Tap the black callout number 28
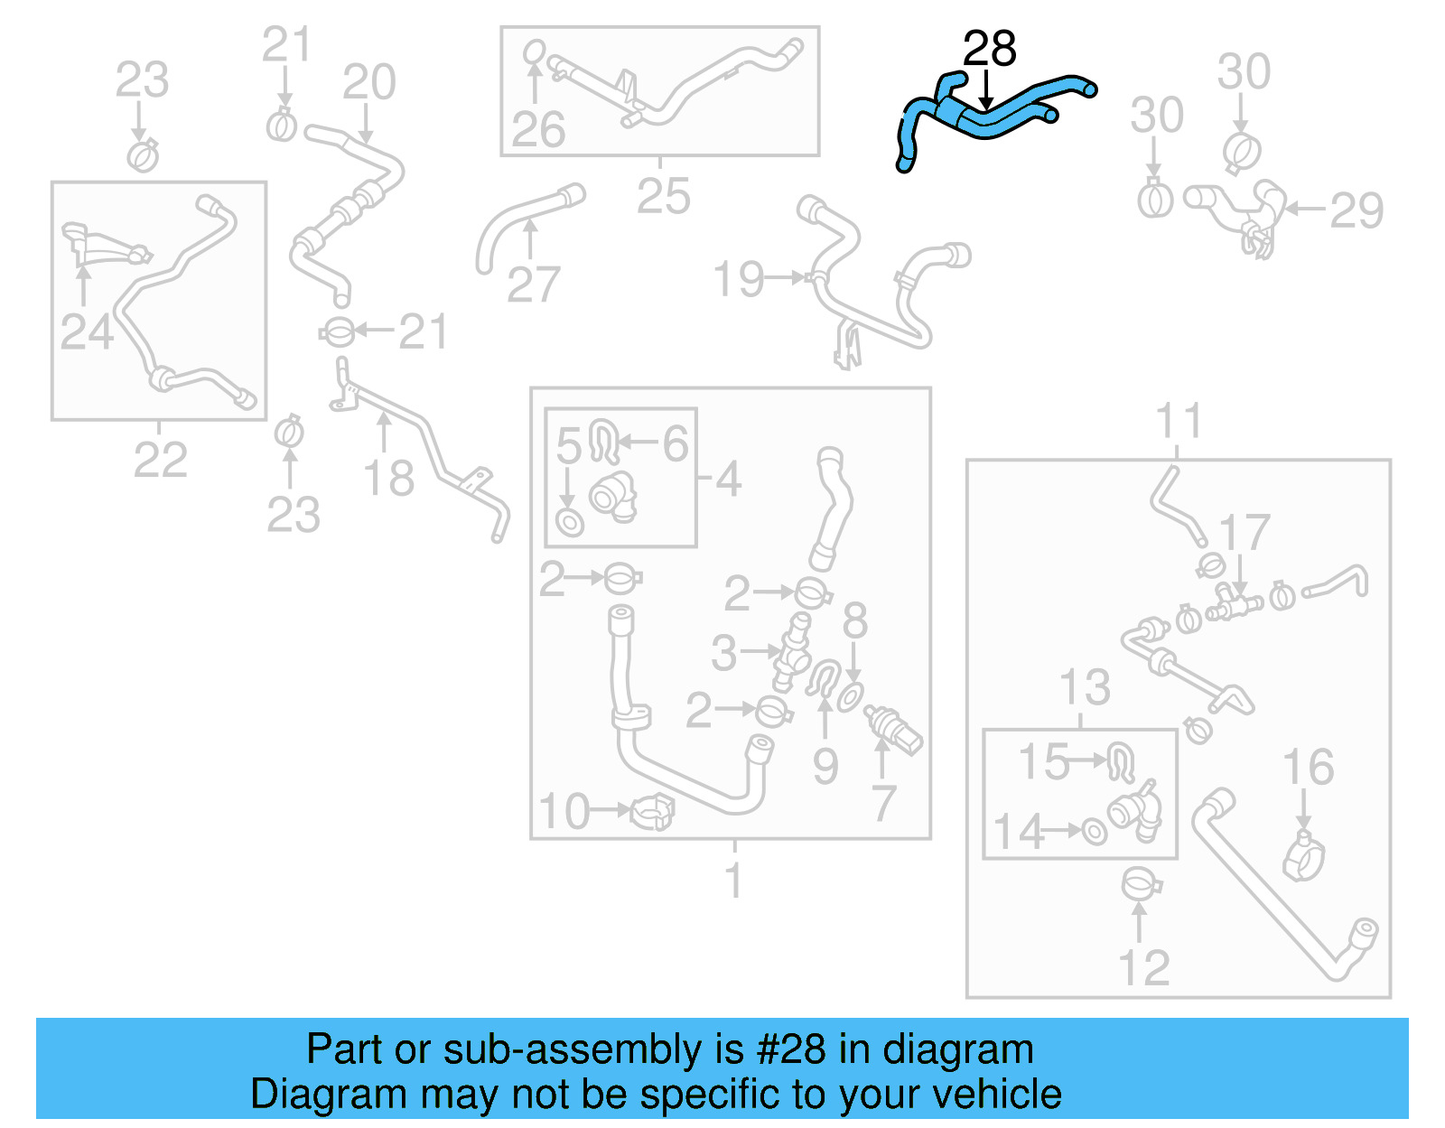(989, 49)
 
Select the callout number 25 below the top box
(663, 196)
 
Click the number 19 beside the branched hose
(738, 279)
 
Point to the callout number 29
(1356, 211)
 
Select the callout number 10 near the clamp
(564, 811)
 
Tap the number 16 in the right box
(1308, 767)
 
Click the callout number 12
(1143, 968)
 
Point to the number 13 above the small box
(1084, 688)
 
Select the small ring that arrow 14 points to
(1095, 831)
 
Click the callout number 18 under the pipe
(388, 479)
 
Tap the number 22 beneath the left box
(160, 461)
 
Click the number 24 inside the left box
(87, 331)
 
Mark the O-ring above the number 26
(534, 51)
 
